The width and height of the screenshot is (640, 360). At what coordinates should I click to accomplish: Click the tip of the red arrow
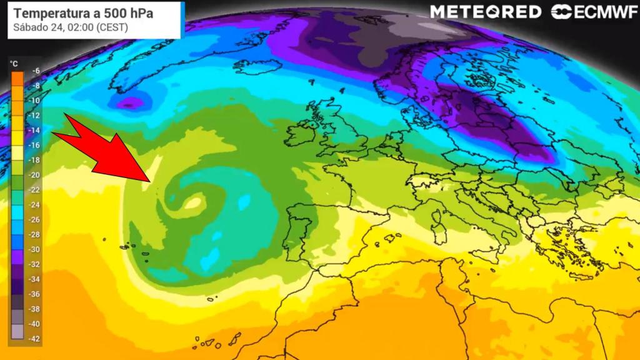[x=148, y=180]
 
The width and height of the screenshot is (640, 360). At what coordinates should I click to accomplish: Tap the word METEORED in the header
[x=486, y=12]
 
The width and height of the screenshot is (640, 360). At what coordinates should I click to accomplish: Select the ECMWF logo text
[x=601, y=12]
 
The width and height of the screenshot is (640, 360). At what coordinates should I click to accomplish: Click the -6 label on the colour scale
[x=36, y=71]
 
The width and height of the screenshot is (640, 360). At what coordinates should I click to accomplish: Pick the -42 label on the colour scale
[x=36, y=338]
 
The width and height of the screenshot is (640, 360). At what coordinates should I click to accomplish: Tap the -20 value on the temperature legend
[x=36, y=175]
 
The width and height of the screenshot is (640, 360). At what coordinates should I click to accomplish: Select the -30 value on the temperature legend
[x=36, y=249]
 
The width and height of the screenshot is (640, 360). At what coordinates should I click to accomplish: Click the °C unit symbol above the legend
[x=14, y=62]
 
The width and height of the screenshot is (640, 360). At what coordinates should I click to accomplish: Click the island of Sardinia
[x=439, y=234]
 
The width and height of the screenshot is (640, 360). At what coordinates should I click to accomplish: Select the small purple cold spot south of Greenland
[x=129, y=102]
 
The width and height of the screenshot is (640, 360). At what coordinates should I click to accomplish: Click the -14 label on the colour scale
[x=36, y=131]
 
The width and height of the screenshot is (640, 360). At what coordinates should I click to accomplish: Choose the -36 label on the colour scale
[x=36, y=294]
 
